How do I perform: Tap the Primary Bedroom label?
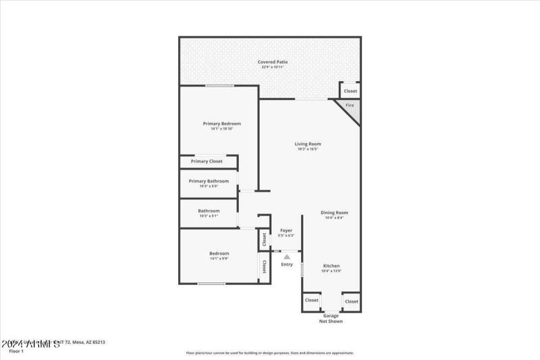click(x=222, y=124)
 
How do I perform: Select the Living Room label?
click(x=307, y=144)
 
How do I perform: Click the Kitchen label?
click(x=331, y=266)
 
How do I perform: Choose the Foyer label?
click(x=286, y=230)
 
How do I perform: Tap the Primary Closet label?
click(x=207, y=161)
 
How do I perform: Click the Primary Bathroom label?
click(x=209, y=181)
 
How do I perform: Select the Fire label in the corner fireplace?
click(x=350, y=105)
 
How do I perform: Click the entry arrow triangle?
click(x=287, y=257)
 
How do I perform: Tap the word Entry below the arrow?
click(x=287, y=264)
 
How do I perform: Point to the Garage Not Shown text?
click(x=331, y=318)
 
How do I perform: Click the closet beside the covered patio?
click(x=350, y=91)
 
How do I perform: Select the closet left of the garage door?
click(x=311, y=301)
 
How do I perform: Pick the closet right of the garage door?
click(x=351, y=301)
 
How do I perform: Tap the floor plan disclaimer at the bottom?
click(x=270, y=353)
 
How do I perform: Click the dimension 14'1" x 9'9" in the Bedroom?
click(x=219, y=259)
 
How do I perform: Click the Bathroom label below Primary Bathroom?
click(x=209, y=211)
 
